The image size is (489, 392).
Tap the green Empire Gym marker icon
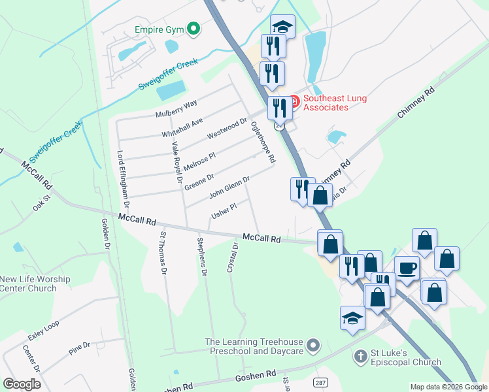(193, 28)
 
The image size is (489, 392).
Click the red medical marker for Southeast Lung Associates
(294, 101)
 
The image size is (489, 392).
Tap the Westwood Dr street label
(227, 128)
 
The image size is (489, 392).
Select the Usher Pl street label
(224, 211)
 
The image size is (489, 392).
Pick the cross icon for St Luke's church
(359, 357)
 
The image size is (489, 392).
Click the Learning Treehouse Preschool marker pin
(314, 344)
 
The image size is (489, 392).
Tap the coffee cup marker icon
(407, 268)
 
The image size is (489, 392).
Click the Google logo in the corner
(22, 384)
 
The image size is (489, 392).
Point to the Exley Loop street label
(43, 331)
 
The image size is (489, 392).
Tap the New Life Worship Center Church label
(35, 284)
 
